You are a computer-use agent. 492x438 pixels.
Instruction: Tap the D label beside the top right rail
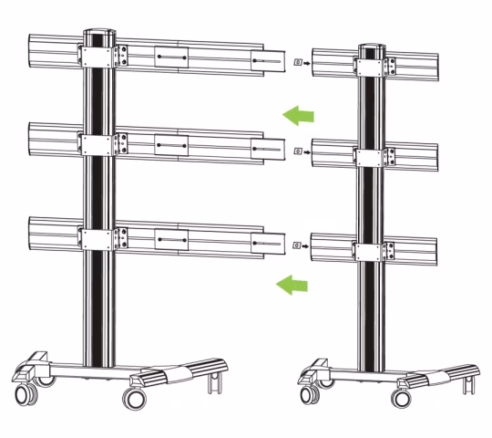tap(298, 63)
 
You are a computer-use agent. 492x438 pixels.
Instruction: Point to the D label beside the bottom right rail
tap(298, 245)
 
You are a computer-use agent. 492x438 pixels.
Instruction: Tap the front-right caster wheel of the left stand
tap(135, 400)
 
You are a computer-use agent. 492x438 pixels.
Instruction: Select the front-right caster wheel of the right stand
tap(400, 398)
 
